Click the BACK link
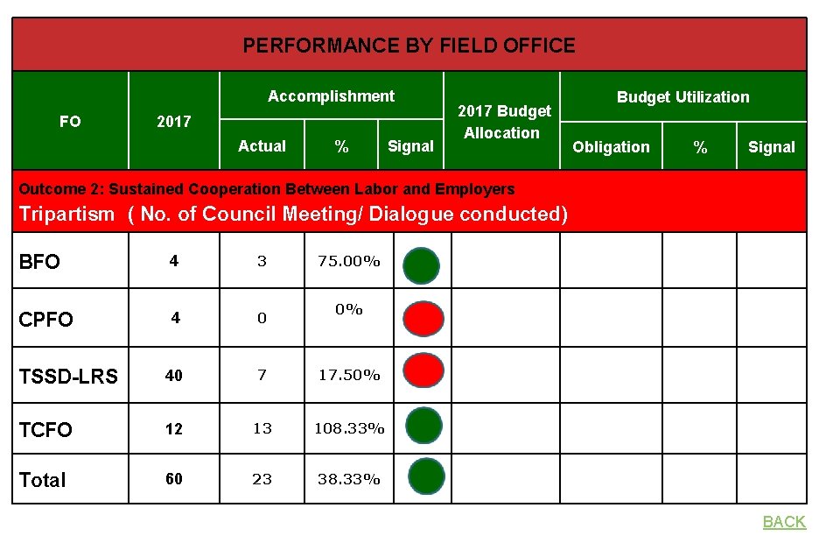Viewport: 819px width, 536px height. pyautogui.click(x=783, y=522)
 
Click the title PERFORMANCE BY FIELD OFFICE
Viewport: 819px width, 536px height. pyautogui.click(x=409, y=46)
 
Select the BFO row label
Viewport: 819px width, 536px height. pyautogui.click(x=39, y=262)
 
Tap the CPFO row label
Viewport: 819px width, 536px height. pyautogui.click(x=45, y=319)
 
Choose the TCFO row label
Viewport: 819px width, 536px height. pyautogui.click(x=45, y=429)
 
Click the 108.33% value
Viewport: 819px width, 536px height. pyautogui.click(x=349, y=429)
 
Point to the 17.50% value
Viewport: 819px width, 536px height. pyautogui.click(x=349, y=375)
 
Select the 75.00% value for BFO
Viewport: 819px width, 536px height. pyautogui.click(x=349, y=261)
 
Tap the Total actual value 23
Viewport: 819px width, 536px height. pyautogui.click(x=262, y=479)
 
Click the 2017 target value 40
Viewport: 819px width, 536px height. pyautogui.click(x=174, y=376)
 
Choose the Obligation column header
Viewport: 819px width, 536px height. pyautogui.click(x=611, y=147)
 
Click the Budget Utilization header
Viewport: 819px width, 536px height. pyautogui.click(x=682, y=97)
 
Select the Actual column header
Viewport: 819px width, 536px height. pyautogui.click(x=262, y=146)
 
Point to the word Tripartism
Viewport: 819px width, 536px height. pyautogui.click(x=66, y=214)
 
